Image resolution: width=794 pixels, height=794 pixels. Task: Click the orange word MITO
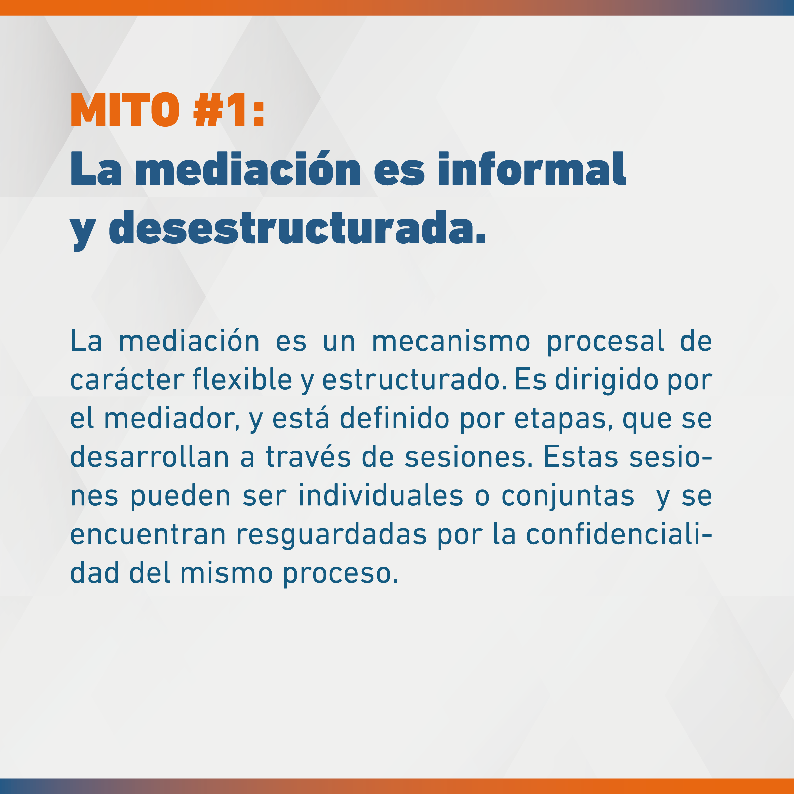tap(125, 109)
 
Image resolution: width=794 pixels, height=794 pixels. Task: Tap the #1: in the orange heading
tap(229, 109)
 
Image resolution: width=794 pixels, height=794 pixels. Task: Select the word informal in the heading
tap(532, 168)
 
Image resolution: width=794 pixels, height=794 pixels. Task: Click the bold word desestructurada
tap(297, 227)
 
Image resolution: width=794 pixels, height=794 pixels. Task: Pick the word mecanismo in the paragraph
tap(451, 342)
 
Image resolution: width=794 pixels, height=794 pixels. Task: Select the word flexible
tap(242, 379)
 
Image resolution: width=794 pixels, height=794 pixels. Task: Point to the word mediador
tap(171, 419)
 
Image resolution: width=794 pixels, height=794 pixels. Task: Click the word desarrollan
tap(150, 457)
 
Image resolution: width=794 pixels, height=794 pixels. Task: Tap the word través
tap(309, 457)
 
